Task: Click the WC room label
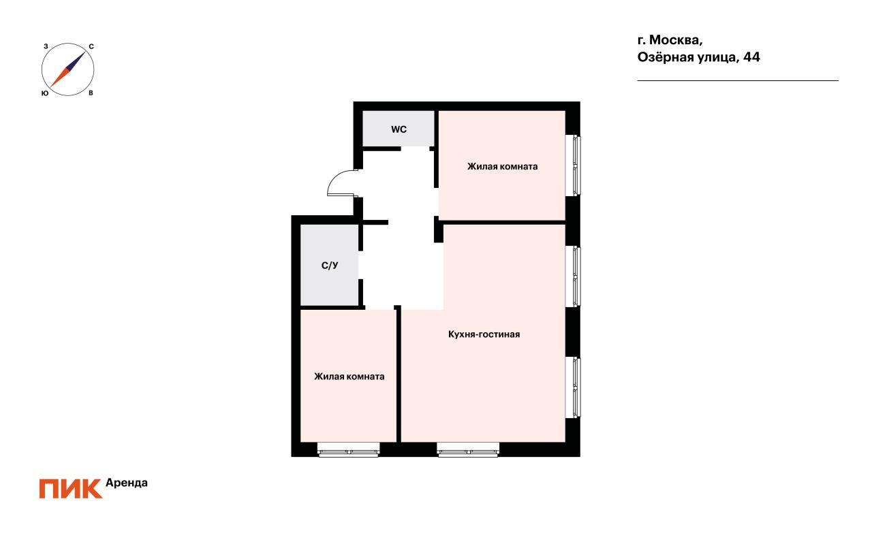(x=399, y=129)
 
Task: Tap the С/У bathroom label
(x=330, y=266)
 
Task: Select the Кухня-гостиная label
(x=484, y=334)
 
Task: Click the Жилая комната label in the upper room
(x=502, y=167)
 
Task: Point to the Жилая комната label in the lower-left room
(x=349, y=377)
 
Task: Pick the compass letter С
(x=91, y=47)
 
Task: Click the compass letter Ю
(x=45, y=93)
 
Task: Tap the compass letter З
(x=46, y=46)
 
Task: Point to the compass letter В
(x=91, y=93)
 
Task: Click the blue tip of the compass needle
(x=85, y=52)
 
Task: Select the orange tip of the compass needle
(x=50, y=86)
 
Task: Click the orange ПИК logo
(x=70, y=489)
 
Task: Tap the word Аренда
(x=127, y=483)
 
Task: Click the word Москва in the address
(x=676, y=40)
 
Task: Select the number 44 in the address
(x=751, y=57)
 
